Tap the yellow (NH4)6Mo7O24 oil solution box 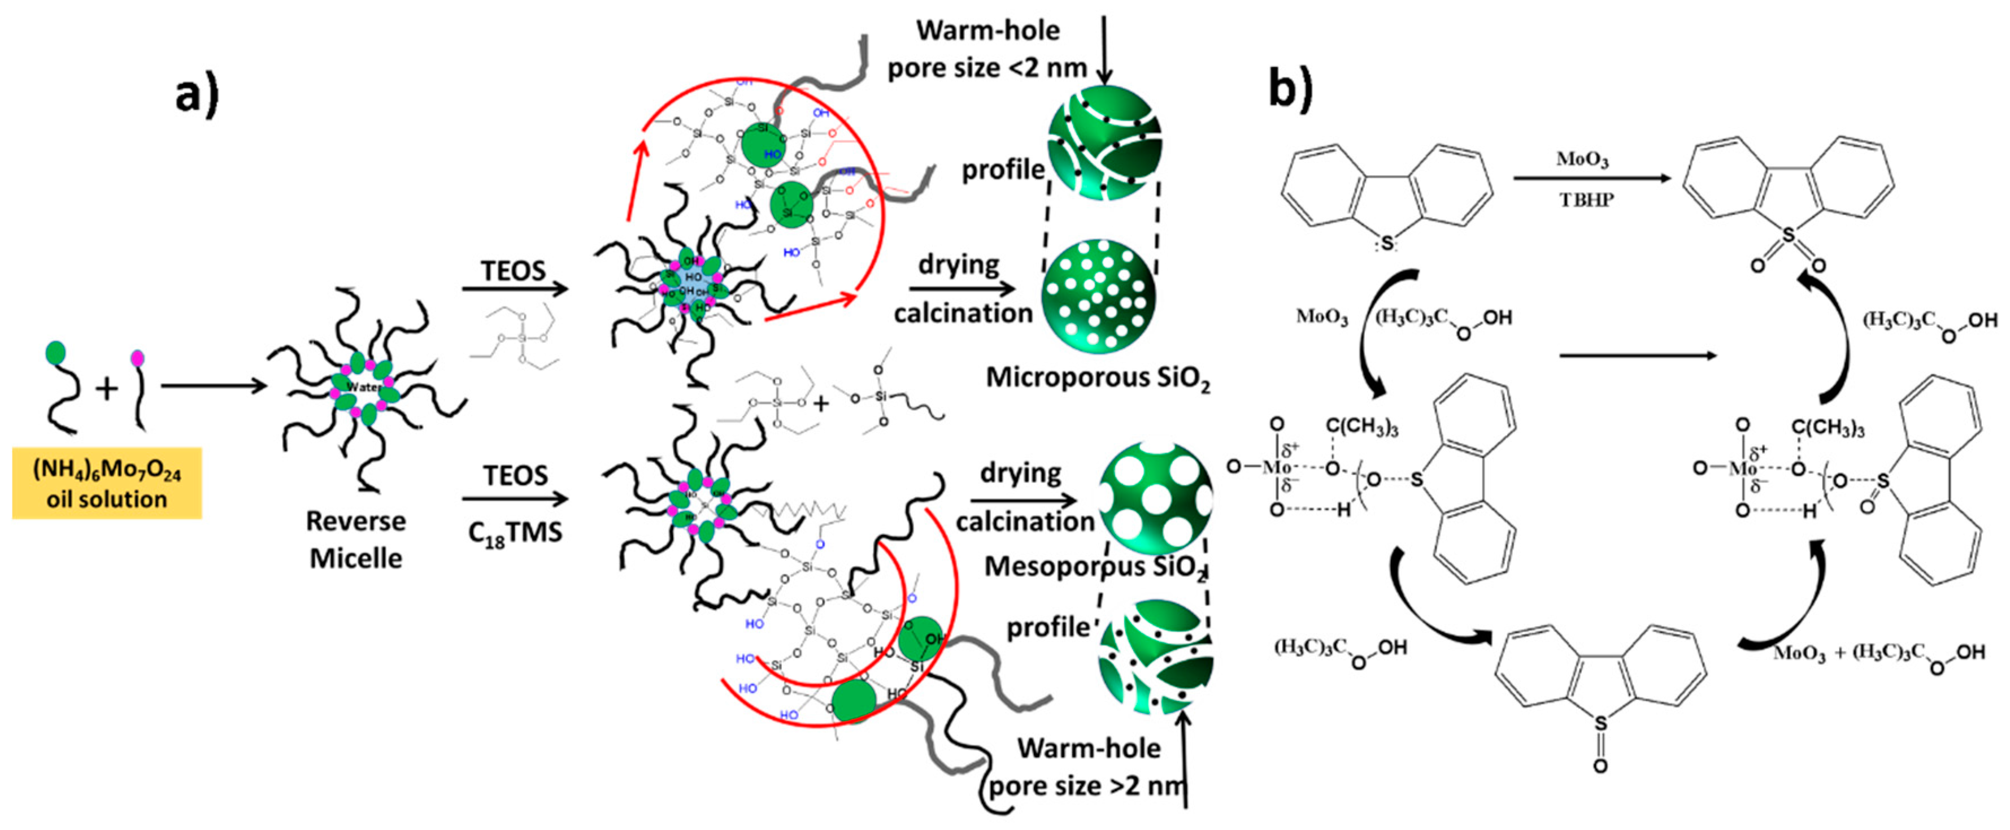pyautogui.click(x=107, y=484)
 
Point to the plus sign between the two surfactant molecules pyautogui.click(x=107, y=388)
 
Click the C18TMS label pyautogui.click(x=515, y=533)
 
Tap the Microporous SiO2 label pyautogui.click(x=1098, y=379)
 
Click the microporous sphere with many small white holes pyautogui.click(x=1099, y=296)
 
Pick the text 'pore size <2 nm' pyautogui.click(x=987, y=68)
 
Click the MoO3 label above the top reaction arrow pyautogui.click(x=1582, y=160)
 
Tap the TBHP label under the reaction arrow pyautogui.click(x=1586, y=201)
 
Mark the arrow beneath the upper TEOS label pyautogui.click(x=515, y=289)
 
